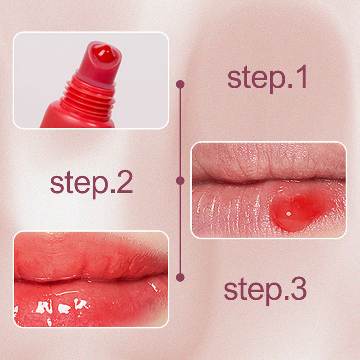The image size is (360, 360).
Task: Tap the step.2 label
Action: pyautogui.click(x=91, y=183)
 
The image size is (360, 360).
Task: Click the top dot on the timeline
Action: pyautogui.click(x=180, y=84)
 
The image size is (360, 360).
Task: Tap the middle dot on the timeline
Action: pyautogui.click(x=180, y=180)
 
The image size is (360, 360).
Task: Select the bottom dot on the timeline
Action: pyautogui.click(x=180, y=277)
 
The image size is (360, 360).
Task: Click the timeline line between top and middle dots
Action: pyautogui.click(x=180, y=132)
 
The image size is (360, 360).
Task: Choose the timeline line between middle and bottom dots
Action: pyautogui.click(x=180, y=229)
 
